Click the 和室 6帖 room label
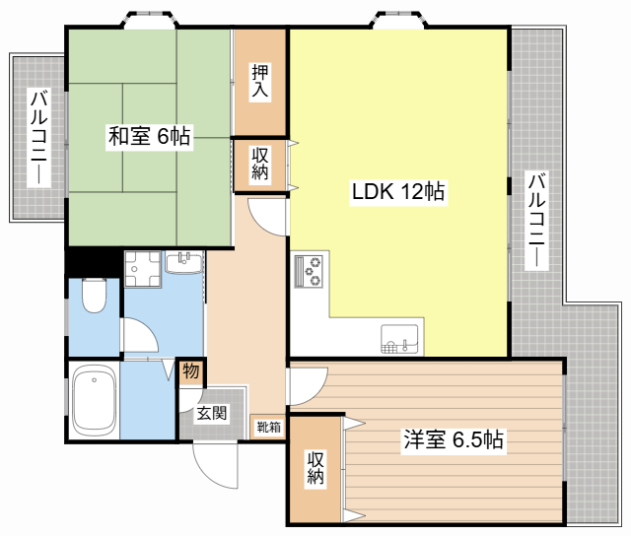click(149, 137)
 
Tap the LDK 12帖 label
click(398, 191)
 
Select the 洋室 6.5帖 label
click(454, 439)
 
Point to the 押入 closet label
click(260, 81)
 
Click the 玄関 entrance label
click(212, 413)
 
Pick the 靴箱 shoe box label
click(268, 427)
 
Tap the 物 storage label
click(190, 370)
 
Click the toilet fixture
click(94, 296)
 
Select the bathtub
click(95, 401)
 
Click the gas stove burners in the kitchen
click(309, 271)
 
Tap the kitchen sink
click(399, 339)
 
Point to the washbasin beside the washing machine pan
click(184, 262)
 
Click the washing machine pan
click(143, 269)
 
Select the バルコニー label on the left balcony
click(39, 138)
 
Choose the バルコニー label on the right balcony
click(536, 221)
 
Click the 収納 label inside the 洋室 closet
click(315, 467)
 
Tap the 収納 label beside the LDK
click(260, 164)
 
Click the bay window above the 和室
click(150, 20)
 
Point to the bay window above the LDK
click(399, 20)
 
